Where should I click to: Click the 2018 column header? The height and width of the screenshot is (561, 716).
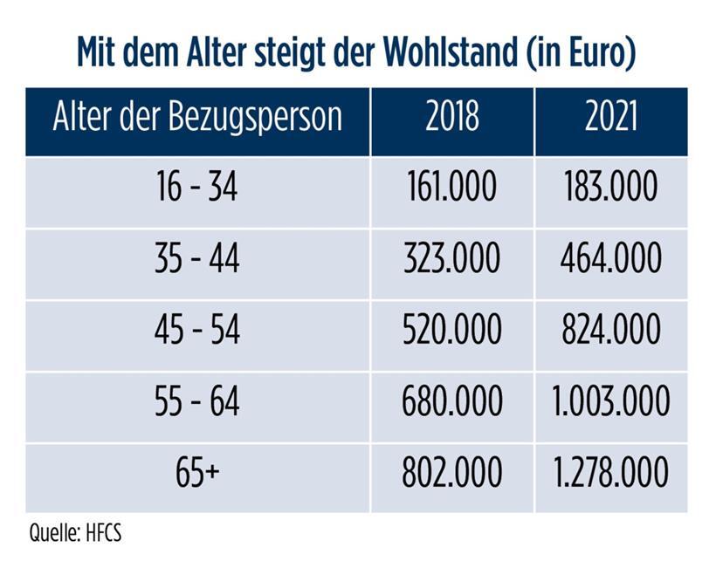tap(451, 118)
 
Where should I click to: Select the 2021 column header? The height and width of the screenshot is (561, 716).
tap(610, 118)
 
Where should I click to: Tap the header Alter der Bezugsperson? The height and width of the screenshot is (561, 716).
tap(197, 118)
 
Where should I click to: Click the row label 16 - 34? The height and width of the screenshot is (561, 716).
tap(197, 188)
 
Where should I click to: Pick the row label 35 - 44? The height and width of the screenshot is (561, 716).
tap(197, 259)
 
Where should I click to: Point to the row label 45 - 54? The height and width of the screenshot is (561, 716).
tap(197, 331)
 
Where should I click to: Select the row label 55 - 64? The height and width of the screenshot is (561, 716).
tap(197, 402)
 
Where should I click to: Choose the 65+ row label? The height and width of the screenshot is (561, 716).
tap(197, 474)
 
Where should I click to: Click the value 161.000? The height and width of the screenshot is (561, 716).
tap(451, 188)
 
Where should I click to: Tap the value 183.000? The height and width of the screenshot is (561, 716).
tap(610, 188)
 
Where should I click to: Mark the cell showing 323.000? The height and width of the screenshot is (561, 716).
tap(451, 259)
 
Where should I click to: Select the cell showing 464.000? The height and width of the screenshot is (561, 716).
tap(610, 259)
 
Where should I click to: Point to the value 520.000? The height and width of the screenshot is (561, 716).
tap(451, 331)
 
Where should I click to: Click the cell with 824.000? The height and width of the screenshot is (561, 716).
tap(610, 331)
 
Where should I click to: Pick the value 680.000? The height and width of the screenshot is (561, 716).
tap(451, 402)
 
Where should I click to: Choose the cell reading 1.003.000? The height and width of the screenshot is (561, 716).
tap(610, 402)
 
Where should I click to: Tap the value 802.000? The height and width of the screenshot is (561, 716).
tap(451, 474)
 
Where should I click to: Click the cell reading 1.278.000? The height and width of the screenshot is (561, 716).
tap(610, 474)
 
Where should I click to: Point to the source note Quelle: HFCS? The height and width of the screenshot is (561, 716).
tap(75, 532)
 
